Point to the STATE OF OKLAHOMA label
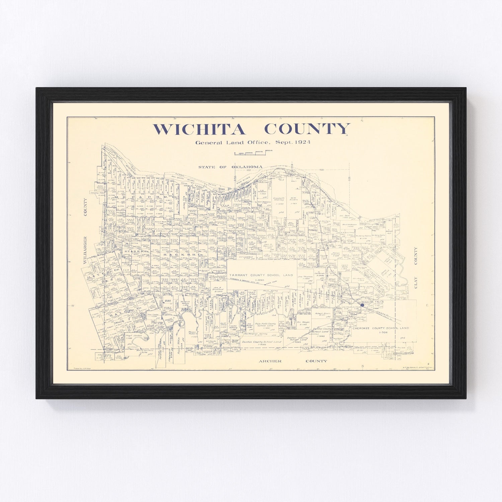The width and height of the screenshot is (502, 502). tap(230, 167)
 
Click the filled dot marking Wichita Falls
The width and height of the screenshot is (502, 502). tap(362, 305)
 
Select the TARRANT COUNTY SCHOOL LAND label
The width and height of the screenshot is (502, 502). tap(261, 275)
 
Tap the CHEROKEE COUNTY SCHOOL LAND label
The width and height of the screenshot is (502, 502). tap(381, 328)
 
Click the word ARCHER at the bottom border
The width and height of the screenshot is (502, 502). tap(270, 361)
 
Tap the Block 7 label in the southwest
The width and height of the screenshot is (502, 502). tap(119, 322)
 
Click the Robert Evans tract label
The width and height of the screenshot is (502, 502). tap(323, 314)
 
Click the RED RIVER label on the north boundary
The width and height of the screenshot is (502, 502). tap(243, 183)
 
